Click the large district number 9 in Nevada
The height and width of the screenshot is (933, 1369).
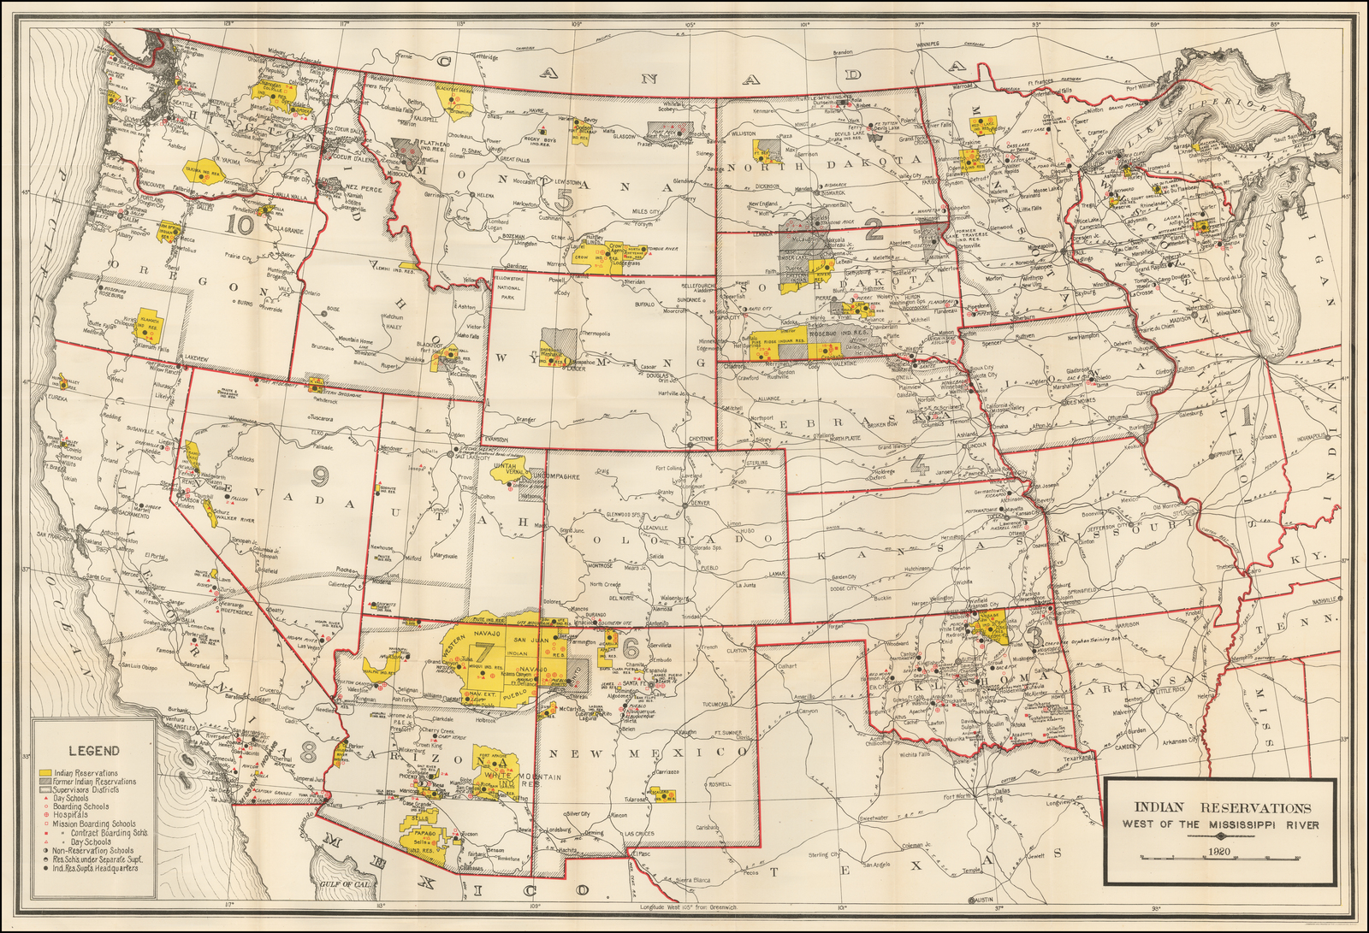tap(321, 475)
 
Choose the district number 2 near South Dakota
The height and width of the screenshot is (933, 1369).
tap(873, 229)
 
